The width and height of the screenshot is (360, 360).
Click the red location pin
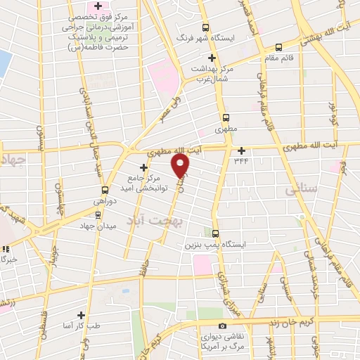coord(181,165)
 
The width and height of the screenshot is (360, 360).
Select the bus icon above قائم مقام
coord(279,48)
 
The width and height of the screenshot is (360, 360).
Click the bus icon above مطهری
coord(226,118)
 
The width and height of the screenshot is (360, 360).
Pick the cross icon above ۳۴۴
coord(241,150)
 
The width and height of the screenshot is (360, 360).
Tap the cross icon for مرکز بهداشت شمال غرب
coord(211,58)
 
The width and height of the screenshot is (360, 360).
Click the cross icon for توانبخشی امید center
coord(144,167)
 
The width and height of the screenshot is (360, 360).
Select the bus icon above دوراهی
coord(105,190)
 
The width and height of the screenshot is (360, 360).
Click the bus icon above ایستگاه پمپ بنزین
coord(215,234)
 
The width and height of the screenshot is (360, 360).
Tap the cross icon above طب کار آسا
coord(81,316)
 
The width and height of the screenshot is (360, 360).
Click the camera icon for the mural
coord(222,326)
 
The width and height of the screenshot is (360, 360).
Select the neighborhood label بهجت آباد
coord(148,221)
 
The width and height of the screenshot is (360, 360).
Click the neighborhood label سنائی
coord(303,190)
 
